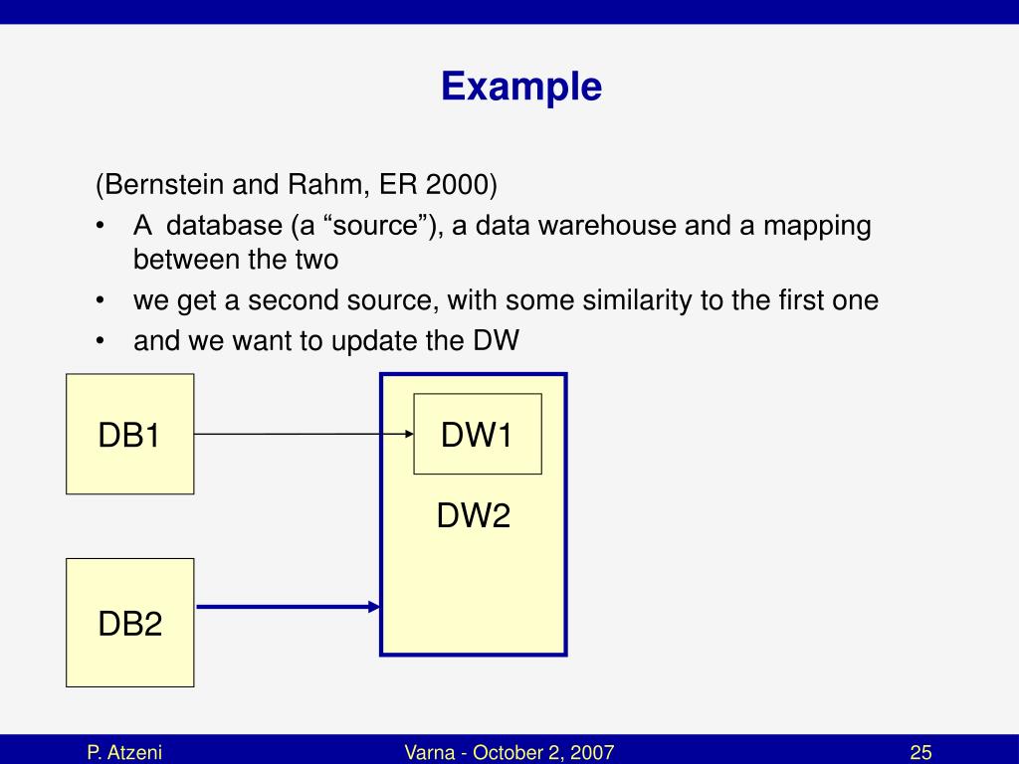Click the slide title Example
521,87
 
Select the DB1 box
129,435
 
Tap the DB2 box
129,623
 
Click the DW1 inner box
477,434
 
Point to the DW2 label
474,515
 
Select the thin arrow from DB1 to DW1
299,434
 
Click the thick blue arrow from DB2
289,606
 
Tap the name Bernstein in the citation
164,185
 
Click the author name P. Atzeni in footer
123,752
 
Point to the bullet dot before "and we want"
102,341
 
